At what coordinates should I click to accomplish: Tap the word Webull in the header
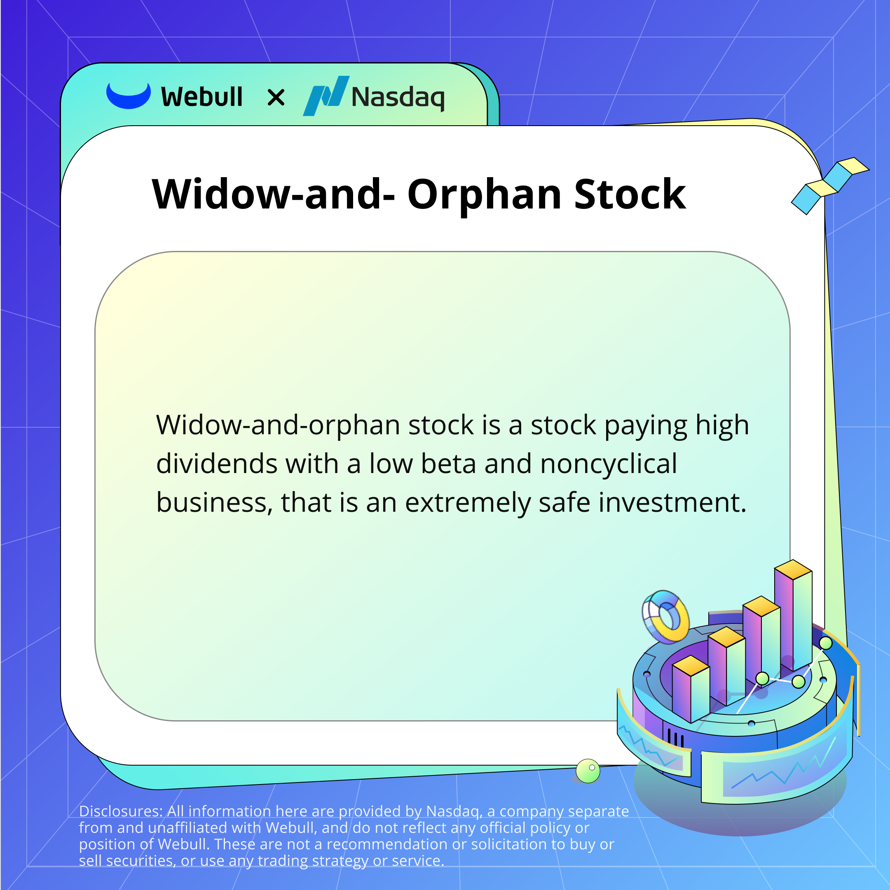[202, 97]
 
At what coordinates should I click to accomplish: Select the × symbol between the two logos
[276, 97]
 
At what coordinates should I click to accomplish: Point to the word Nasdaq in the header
[398, 98]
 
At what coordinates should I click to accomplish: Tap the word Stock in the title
[630, 194]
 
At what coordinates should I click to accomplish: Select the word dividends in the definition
[216, 464]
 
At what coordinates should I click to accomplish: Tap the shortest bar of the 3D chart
[691, 688]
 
